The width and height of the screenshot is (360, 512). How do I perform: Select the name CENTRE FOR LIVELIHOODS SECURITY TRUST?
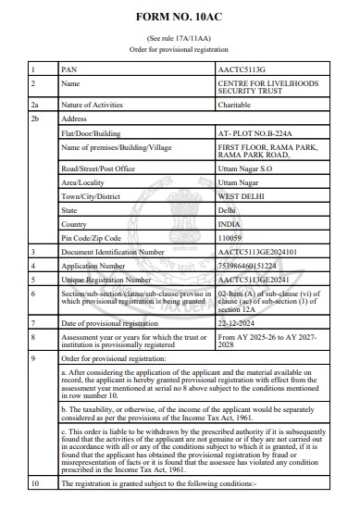(269, 88)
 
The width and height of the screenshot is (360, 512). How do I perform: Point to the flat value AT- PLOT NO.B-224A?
(251, 133)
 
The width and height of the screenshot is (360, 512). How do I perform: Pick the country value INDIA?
(229, 223)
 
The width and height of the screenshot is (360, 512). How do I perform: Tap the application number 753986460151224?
(250, 264)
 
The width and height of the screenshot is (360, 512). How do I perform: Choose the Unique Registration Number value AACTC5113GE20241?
(252, 277)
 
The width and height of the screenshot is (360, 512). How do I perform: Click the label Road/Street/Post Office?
(97, 169)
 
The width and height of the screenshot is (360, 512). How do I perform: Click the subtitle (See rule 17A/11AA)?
(180, 39)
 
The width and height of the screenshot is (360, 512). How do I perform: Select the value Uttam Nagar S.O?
(244, 169)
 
